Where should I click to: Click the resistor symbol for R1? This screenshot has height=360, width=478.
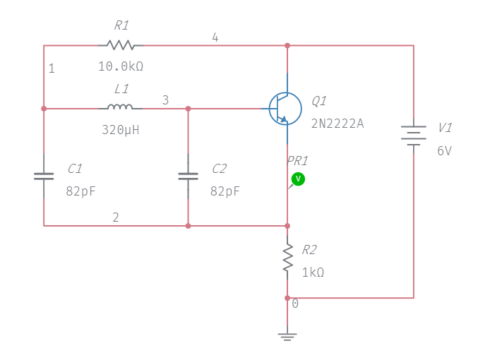coord(121,45)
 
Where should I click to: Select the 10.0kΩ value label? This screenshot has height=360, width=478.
coord(121,66)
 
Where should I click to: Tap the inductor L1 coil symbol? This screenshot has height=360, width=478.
coord(120,108)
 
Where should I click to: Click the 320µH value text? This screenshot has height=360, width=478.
coord(121,130)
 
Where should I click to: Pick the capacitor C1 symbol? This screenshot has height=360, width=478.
coord(44,176)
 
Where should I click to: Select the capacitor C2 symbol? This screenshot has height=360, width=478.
coord(188,176)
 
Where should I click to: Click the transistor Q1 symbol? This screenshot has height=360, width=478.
coord(285,109)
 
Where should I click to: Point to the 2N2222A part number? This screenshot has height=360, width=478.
coord(337,123)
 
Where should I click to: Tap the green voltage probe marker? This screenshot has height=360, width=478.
coord(298,179)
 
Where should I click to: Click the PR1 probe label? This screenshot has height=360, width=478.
coord(297,160)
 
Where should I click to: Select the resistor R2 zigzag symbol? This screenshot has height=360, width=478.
coord(287,258)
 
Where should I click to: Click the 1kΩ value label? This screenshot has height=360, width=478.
coord(313,272)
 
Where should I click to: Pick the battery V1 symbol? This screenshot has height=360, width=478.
coord(413,134)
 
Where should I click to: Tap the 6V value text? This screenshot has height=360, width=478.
coord(444,150)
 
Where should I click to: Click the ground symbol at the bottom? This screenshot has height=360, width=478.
coord(287,337)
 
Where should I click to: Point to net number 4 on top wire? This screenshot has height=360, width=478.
coord(215,37)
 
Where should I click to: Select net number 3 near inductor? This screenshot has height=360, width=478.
coord(165,100)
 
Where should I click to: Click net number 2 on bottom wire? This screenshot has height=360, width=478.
coord(116,217)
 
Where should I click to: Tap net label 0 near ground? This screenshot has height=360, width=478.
coord(295,304)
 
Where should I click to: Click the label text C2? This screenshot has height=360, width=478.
coord(219,169)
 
